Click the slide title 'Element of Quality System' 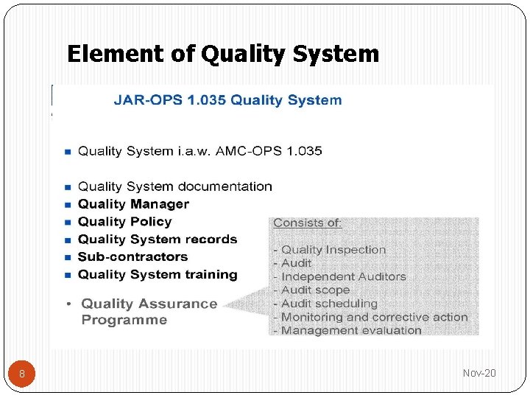click(x=222, y=54)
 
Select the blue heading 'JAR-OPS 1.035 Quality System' click(x=227, y=100)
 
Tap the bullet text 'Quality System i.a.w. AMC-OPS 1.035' click(x=199, y=151)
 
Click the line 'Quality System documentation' click(x=174, y=186)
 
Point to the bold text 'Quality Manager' click(x=133, y=204)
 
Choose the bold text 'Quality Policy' click(x=124, y=222)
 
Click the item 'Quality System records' click(x=158, y=240)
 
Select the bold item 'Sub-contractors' click(x=132, y=257)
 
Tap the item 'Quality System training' click(x=158, y=275)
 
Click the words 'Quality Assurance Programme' click(x=149, y=312)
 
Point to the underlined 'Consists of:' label click(x=308, y=223)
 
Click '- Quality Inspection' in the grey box click(x=329, y=250)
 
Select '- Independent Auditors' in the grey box click(x=339, y=276)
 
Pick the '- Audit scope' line click(x=311, y=290)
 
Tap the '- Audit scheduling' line click(x=325, y=303)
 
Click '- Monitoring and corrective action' click(x=370, y=317)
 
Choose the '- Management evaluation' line click(x=347, y=330)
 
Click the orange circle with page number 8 click(x=22, y=374)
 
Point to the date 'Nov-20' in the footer click(x=479, y=373)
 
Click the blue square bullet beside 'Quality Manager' click(x=68, y=205)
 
